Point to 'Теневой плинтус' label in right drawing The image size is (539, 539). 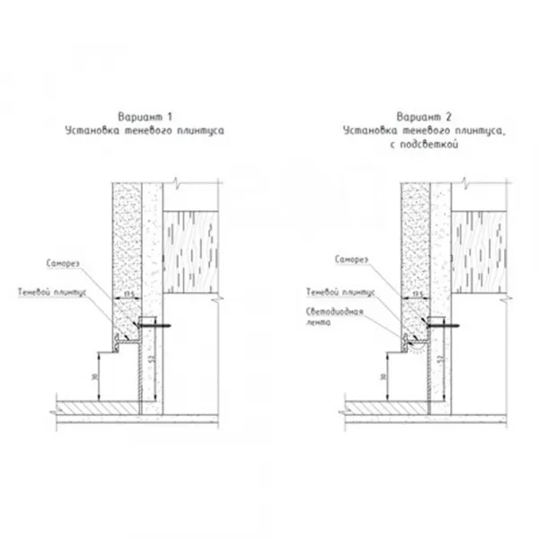tap(341, 292)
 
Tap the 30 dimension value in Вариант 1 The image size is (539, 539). tap(96, 376)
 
